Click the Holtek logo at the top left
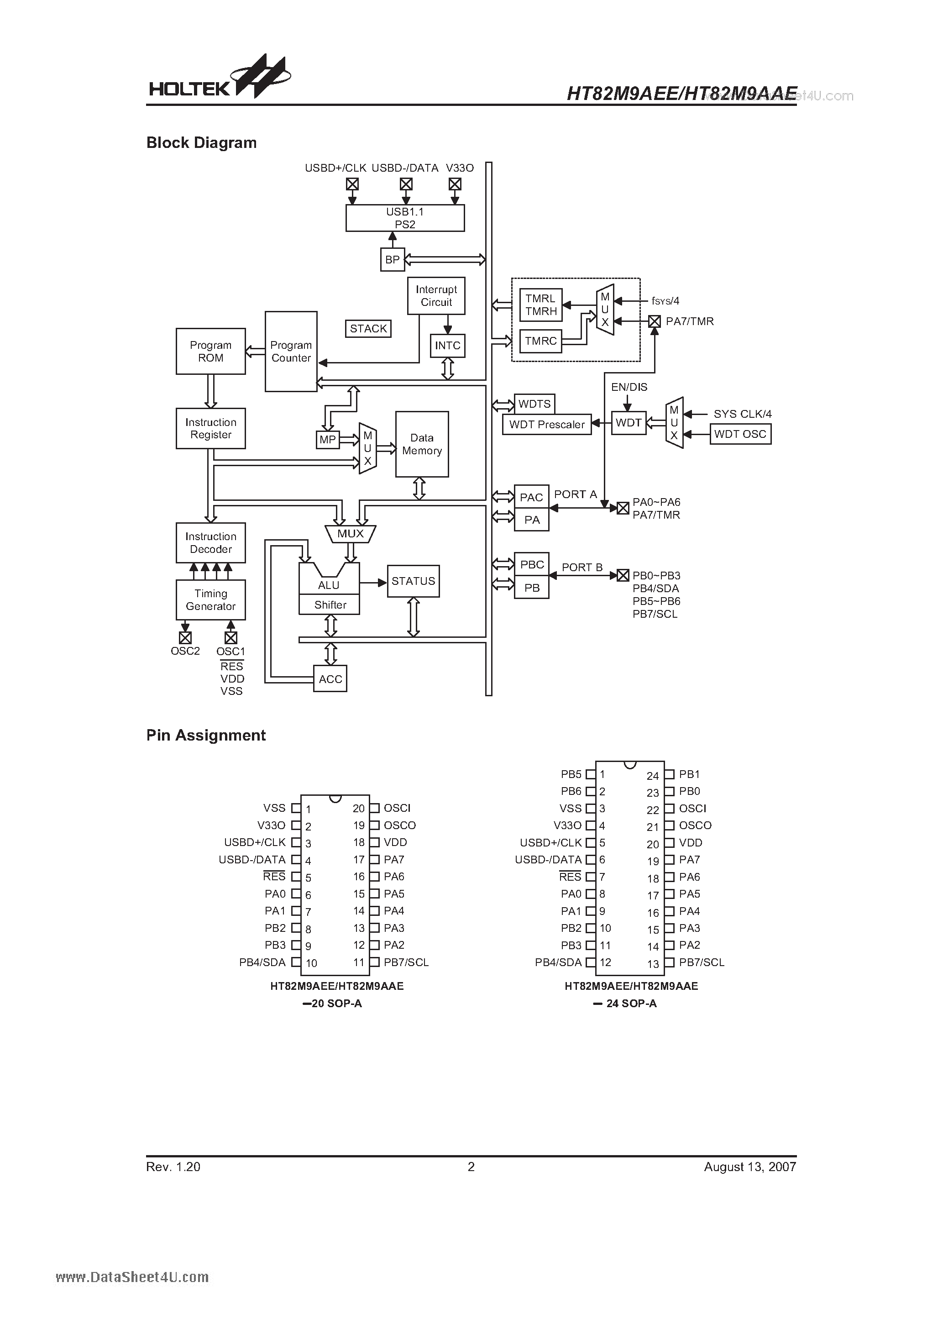[218, 79]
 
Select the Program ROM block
[210, 351]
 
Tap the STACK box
[368, 329]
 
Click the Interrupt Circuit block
[436, 296]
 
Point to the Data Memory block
[421, 444]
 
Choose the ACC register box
[330, 679]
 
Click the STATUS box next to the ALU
[413, 581]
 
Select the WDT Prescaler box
[546, 425]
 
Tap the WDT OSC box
[740, 434]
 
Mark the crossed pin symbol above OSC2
[185, 638]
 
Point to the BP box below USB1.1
[393, 259]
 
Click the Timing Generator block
[210, 599]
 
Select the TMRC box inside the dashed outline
[541, 341]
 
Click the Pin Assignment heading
[206, 735]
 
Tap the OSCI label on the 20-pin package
[397, 808]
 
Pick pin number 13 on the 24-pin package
[653, 964]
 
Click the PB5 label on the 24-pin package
[571, 774]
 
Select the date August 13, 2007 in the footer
[749, 1167]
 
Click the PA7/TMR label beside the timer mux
[690, 321]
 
